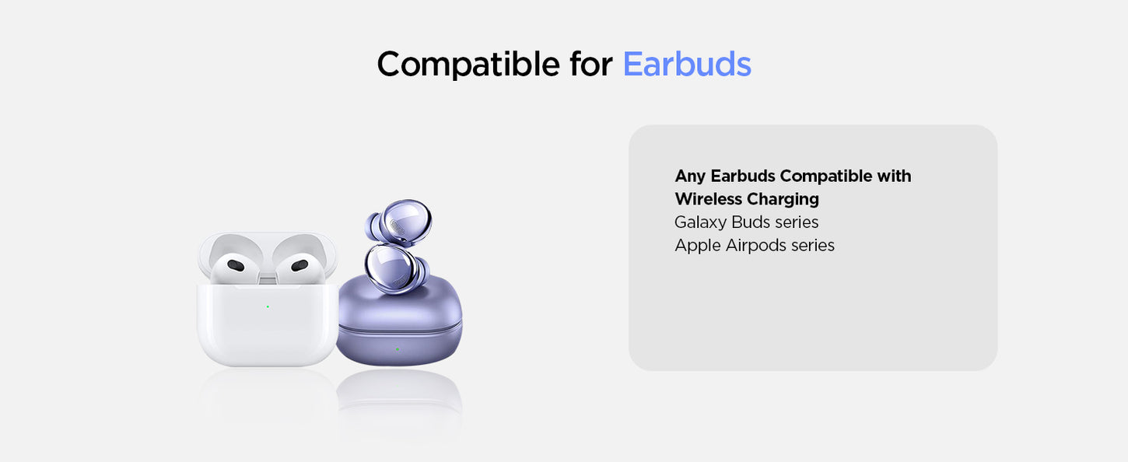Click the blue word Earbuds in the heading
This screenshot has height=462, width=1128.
coord(687,64)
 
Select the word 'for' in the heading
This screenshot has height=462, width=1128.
coord(591,64)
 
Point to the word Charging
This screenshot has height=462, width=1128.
coord(783,200)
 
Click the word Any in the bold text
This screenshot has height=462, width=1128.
coord(690,177)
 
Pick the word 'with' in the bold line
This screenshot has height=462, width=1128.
coord(895,176)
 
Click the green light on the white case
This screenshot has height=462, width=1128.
coord(268,306)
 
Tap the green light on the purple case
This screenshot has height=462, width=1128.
coord(398,349)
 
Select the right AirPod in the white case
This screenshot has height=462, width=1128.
coord(300,268)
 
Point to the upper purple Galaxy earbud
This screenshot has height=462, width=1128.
coord(399,223)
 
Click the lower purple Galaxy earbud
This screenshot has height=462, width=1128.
coord(395,268)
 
